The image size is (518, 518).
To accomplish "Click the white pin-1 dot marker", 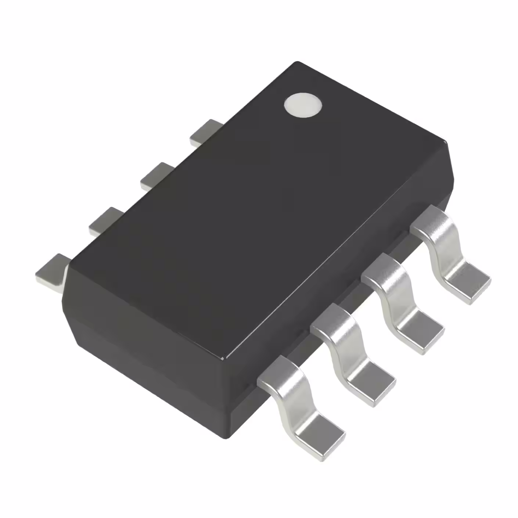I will [303, 105].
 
